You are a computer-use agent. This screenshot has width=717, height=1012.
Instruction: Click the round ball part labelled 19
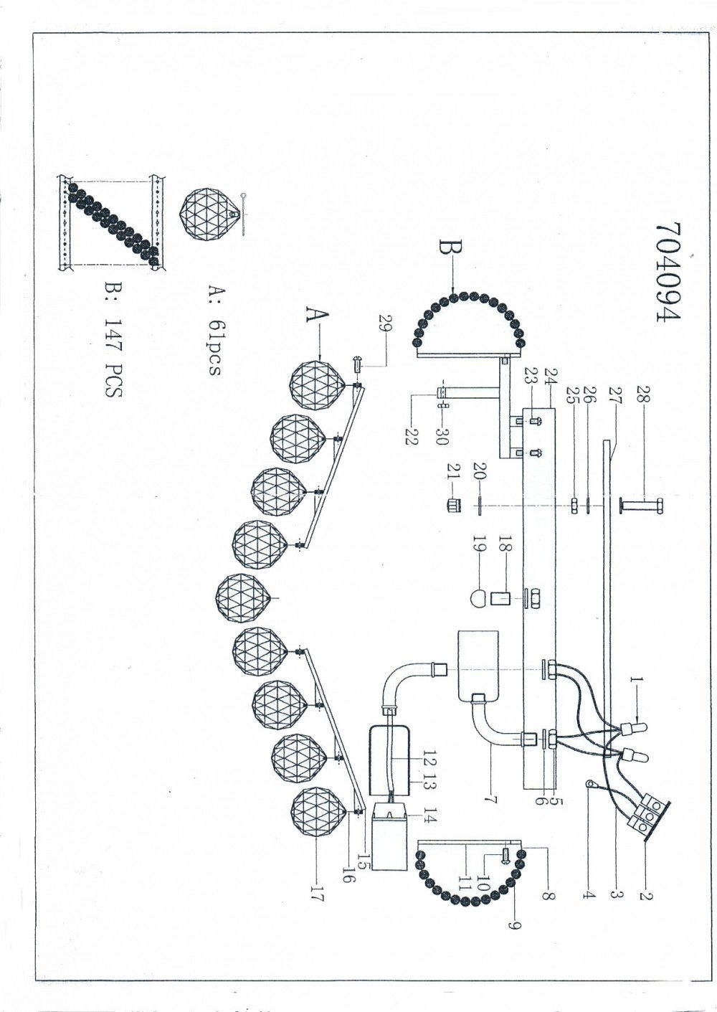pyautogui.click(x=478, y=596)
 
